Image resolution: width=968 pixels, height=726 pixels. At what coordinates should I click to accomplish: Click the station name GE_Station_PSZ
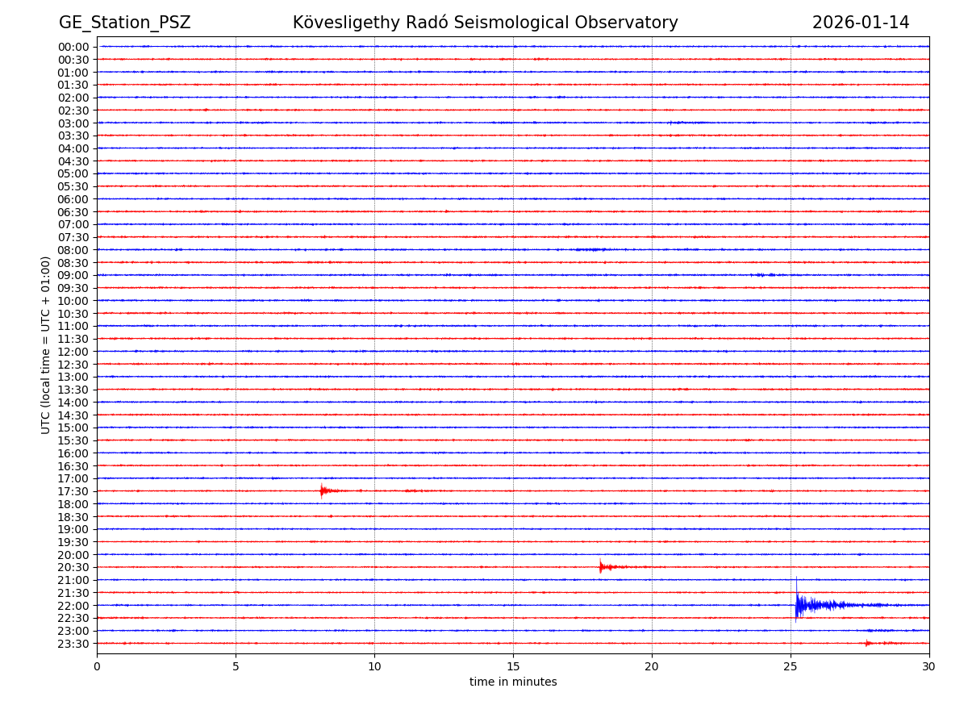pyautogui.click(x=124, y=23)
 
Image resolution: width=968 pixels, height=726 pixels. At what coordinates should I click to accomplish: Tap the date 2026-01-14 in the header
pyautogui.click(x=860, y=23)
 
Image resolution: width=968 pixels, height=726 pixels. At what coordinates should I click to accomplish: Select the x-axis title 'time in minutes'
pyautogui.click(x=513, y=682)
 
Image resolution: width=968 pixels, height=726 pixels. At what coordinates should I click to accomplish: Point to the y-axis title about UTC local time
pyautogui.click(x=46, y=345)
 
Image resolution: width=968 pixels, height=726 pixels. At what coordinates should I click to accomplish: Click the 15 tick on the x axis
pyautogui.click(x=513, y=666)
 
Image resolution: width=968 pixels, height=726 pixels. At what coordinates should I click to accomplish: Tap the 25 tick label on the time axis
pyautogui.click(x=791, y=666)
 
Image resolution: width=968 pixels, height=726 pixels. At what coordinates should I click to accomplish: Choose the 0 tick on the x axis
pyautogui.click(x=97, y=666)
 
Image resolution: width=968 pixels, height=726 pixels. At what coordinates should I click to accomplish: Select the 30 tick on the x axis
pyautogui.click(x=929, y=666)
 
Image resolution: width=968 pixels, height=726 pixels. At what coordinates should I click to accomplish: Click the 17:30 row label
pyautogui.click(x=73, y=491)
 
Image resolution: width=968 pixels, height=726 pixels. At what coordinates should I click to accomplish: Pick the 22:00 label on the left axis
pyautogui.click(x=73, y=605)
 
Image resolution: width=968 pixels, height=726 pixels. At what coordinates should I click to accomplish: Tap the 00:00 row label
pyautogui.click(x=73, y=47)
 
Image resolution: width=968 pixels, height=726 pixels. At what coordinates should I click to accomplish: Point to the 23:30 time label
pyautogui.click(x=73, y=644)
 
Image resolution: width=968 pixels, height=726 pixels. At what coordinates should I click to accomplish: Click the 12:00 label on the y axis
pyautogui.click(x=73, y=352)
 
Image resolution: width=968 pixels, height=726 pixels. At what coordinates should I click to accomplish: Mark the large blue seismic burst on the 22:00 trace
pyautogui.click(x=799, y=605)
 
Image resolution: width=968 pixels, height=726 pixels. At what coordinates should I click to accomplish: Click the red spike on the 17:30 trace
pyautogui.click(x=322, y=490)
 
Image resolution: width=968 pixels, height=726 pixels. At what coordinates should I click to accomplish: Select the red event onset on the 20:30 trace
pyautogui.click(x=601, y=567)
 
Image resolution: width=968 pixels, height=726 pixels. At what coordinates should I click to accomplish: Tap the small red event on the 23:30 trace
pyautogui.click(x=868, y=643)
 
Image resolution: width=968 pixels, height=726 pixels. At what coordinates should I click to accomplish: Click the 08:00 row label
pyautogui.click(x=73, y=250)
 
